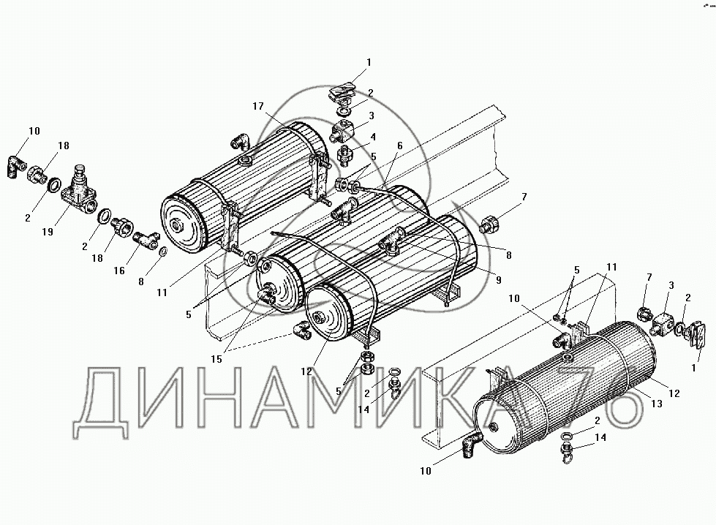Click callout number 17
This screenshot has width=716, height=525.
pos(258,106)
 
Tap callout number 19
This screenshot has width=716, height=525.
pos(48,232)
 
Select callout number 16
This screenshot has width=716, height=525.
pos(118,271)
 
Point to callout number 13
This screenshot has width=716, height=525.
pos(657,404)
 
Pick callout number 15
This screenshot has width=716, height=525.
pos(216,359)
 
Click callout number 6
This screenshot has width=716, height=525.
pos(400,146)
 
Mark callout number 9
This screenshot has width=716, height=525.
pos(498,279)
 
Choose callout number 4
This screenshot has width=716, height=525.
pos(373,137)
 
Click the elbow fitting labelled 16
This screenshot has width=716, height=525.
pos(146,238)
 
